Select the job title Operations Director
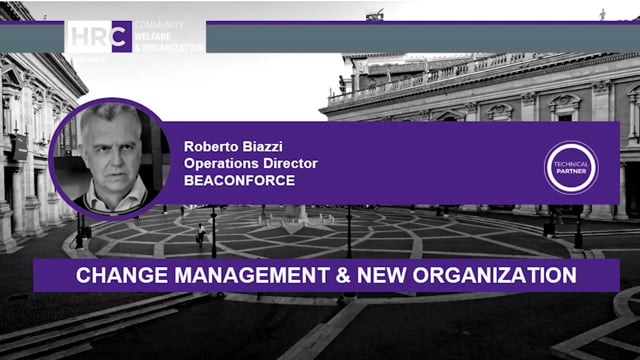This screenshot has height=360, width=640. [250, 162]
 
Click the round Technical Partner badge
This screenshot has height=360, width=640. [571, 166]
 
